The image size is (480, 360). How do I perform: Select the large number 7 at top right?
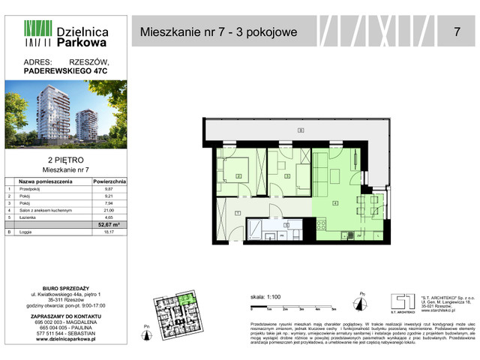457,32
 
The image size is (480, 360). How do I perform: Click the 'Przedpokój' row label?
31,190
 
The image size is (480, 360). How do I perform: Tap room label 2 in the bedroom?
238,176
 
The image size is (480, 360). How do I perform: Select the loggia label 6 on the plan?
301,131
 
